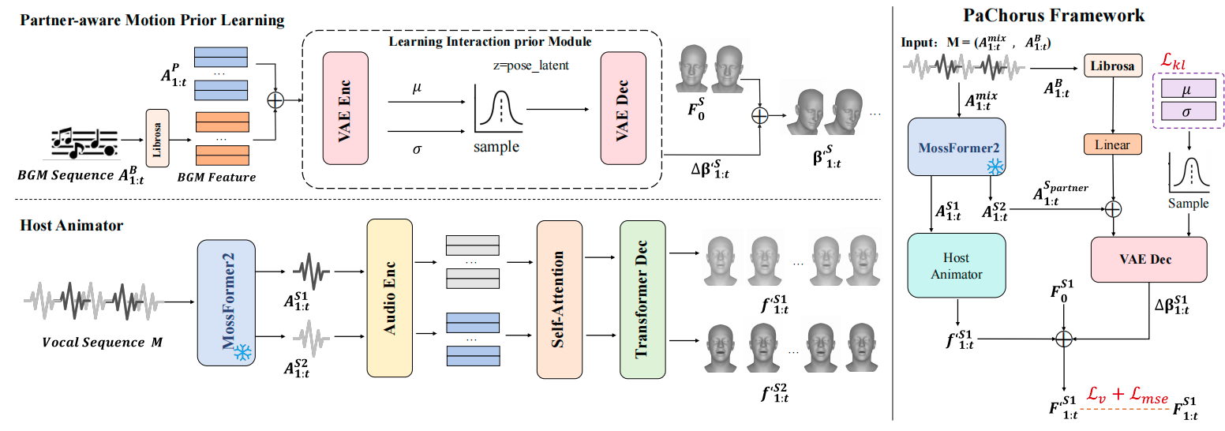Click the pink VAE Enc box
(x=345, y=107)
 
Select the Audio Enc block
(x=389, y=298)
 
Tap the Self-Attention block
(x=558, y=298)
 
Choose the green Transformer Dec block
(x=642, y=298)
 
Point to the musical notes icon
(x=84, y=141)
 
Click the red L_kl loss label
(x=1174, y=60)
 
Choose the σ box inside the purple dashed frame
(x=1186, y=114)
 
